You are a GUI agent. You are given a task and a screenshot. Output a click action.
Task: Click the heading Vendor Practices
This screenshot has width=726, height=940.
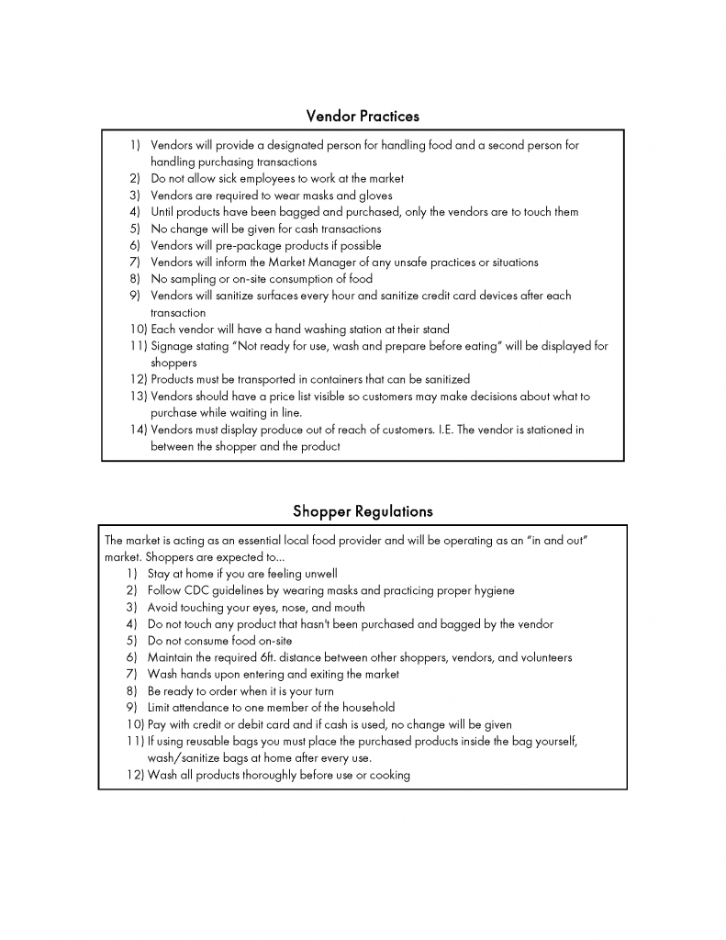363,116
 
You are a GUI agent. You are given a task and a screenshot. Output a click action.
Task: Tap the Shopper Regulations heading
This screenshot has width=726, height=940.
363,510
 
